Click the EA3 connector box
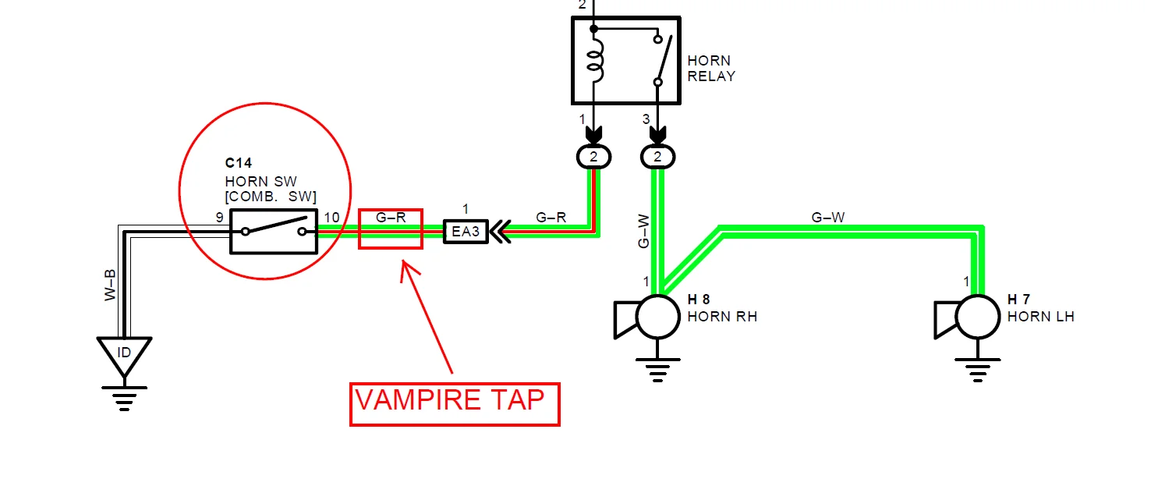click(x=466, y=232)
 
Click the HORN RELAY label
click(x=711, y=69)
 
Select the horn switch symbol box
click(x=274, y=232)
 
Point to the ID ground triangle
click(x=124, y=352)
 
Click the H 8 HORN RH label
click(x=722, y=309)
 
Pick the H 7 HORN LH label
click(x=1040, y=309)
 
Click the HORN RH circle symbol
click(x=659, y=317)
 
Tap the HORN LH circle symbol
click(x=978, y=317)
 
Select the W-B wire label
click(x=111, y=286)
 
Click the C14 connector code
click(x=239, y=163)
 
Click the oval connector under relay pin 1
click(x=594, y=158)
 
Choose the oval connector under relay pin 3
click(x=658, y=158)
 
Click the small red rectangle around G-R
click(x=390, y=229)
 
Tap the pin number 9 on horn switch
click(x=220, y=217)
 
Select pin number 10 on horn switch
click(x=331, y=217)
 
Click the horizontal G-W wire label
click(x=827, y=218)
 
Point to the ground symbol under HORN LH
click(x=978, y=369)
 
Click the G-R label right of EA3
click(x=551, y=218)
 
